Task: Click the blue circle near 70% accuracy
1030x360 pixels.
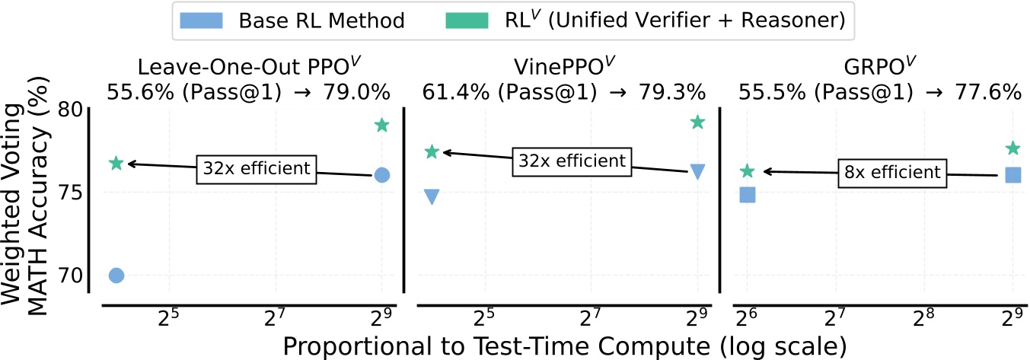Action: pyautogui.click(x=116, y=276)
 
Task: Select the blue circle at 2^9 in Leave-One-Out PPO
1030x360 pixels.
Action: pyautogui.click(x=382, y=175)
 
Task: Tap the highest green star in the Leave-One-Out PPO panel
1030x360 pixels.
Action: pyautogui.click(x=382, y=126)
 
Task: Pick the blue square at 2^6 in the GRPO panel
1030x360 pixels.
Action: pyautogui.click(x=748, y=196)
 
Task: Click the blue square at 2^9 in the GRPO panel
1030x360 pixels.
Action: pyautogui.click(x=1012, y=175)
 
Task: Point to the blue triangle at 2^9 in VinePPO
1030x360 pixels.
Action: pyautogui.click(x=697, y=172)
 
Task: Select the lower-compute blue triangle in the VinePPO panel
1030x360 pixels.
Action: pyautogui.click(x=432, y=197)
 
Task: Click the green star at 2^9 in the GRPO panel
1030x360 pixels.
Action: pyautogui.click(x=1012, y=148)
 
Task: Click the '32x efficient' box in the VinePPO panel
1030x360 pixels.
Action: pyautogui.click(x=572, y=161)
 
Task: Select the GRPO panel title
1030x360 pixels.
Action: pyautogui.click(x=880, y=65)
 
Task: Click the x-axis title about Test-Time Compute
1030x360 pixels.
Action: pyautogui.click(x=564, y=346)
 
